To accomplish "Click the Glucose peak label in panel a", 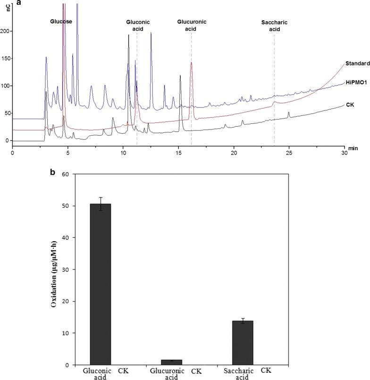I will [61, 22].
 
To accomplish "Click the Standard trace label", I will [357, 64].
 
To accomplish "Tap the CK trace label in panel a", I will [350, 104].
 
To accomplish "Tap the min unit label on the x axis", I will [352, 148].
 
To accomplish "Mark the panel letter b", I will [52, 172].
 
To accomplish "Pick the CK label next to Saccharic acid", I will [266, 371].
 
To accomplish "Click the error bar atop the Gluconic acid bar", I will [100, 203].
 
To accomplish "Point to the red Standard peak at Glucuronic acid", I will [191, 63].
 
